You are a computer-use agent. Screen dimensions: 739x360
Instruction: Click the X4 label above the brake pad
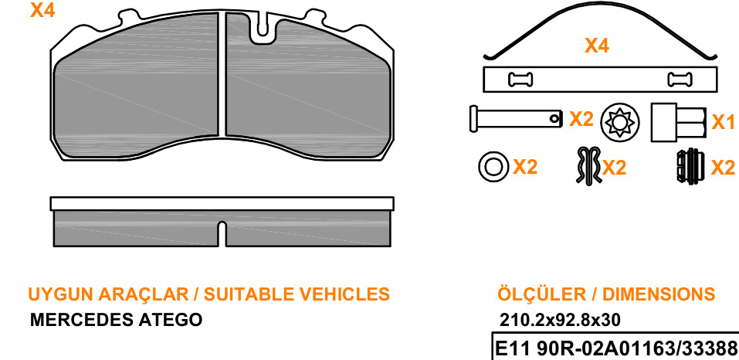pos(43,10)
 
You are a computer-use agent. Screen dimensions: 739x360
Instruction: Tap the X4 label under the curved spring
pos(597,46)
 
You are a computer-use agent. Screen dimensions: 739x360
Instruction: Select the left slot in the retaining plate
pos(520,79)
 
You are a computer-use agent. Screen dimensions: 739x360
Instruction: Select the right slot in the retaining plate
pos(680,79)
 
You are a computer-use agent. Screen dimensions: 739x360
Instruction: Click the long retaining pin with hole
pos(516,119)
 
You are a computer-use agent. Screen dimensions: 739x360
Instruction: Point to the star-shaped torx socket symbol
pos(620,121)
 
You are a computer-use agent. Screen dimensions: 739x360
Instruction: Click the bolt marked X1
pos(679,122)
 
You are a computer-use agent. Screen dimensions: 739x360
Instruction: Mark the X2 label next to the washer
pos(525,167)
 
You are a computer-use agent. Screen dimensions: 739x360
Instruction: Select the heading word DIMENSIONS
pos(659,294)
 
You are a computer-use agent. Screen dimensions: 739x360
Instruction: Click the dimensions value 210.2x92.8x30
pos(560,321)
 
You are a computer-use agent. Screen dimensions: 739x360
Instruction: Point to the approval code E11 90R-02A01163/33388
pos(615,349)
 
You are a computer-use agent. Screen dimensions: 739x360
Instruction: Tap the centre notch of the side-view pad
pos(222,234)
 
